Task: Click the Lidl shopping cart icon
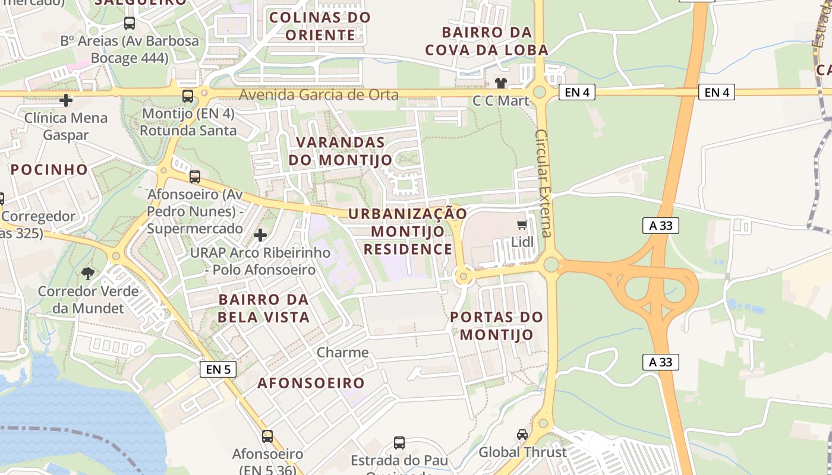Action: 522,224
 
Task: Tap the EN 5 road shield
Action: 218,369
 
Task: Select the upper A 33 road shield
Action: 660,226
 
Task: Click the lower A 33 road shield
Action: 660,362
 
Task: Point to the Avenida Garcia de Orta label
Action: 319,94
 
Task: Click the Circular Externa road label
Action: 543,182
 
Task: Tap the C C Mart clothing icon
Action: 501,83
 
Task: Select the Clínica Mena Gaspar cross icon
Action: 66,100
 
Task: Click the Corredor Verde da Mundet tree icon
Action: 88,274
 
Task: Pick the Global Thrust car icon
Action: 522,435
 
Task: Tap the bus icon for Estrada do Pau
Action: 399,443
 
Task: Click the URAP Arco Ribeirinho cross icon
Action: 260,235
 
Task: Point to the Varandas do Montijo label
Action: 341,151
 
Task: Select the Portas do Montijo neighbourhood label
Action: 497,325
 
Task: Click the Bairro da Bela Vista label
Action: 263,308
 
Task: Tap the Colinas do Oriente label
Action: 320,26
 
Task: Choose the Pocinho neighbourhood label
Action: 49,169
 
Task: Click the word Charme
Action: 343,352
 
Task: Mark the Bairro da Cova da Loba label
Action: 486,40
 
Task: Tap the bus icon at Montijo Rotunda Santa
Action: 188,96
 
